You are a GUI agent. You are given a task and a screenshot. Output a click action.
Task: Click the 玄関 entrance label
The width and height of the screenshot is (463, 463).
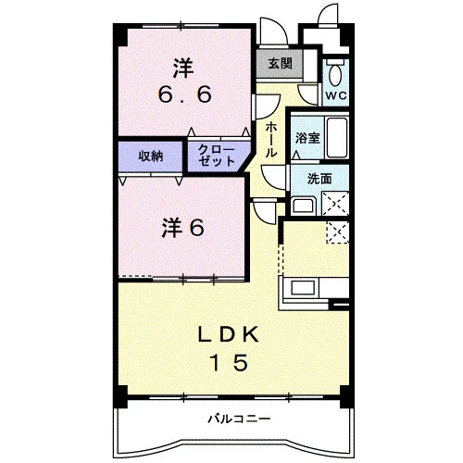(280, 64)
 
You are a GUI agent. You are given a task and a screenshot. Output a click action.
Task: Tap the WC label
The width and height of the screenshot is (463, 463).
(336, 95)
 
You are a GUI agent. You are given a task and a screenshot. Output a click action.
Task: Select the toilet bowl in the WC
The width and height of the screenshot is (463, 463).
(334, 73)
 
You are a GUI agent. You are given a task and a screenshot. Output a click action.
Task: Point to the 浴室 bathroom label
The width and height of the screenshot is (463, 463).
(307, 138)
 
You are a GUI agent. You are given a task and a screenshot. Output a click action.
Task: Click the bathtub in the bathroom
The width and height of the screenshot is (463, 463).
(337, 137)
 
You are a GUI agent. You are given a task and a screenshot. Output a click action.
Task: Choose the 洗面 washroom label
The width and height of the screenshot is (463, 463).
(319, 179)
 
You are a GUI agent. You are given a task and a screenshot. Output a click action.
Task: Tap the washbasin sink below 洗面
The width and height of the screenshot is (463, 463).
(304, 206)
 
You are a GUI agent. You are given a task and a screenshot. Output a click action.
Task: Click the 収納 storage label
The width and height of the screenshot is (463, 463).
(150, 156)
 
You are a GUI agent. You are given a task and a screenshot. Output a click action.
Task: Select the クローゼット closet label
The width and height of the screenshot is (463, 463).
(217, 156)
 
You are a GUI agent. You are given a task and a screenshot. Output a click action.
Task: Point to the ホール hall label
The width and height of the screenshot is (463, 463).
(270, 140)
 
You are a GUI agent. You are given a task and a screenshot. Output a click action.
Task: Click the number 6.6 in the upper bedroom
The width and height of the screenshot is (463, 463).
(185, 94)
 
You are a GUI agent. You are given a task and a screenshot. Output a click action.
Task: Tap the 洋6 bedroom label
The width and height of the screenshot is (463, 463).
(182, 228)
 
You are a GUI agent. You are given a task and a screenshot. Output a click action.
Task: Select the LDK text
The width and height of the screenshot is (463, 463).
(228, 334)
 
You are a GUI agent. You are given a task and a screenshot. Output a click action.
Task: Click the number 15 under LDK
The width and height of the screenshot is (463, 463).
(230, 362)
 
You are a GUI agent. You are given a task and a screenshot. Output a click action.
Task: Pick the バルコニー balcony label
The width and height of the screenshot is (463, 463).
(239, 419)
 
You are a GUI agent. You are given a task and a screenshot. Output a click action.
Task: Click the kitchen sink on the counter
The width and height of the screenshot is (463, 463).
(303, 288)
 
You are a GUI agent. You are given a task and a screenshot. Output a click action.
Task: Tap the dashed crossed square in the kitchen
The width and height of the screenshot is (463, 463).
(338, 232)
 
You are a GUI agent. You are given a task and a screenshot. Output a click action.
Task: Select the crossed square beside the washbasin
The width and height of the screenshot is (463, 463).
(335, 204)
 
